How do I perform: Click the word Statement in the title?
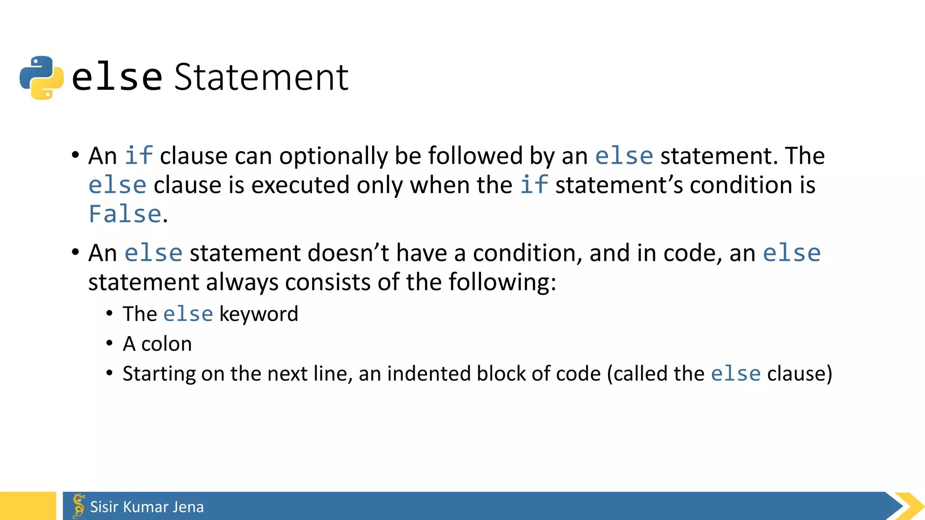pos(261,78)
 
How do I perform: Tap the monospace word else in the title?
pos(117,78)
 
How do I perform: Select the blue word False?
pos(125,214)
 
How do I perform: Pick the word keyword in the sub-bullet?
pos(258,314)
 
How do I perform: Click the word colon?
pos(166,344)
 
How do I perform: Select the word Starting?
pos(158,374)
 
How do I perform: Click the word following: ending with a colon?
pos(502,283)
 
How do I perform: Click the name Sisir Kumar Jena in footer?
pos(147,507)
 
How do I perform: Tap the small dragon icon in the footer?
pos(79,506)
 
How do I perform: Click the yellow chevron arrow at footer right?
pos(909,506)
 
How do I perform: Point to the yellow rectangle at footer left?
pos(28,506)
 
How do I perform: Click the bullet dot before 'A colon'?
pos(109,344)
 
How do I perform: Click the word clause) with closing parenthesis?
pos(799,374)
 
